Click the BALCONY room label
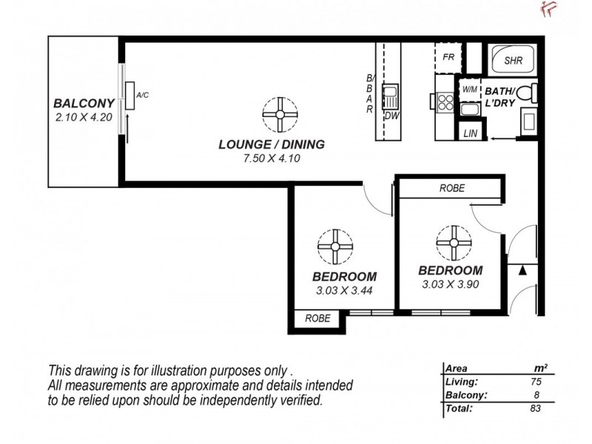pos(82,104)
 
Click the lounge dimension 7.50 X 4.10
pos(272,158)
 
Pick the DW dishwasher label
pos(390,115)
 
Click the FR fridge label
pos(448,57)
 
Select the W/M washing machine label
pos(469,90)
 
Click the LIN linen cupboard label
pos(470,133)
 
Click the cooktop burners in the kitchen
pos(444,102)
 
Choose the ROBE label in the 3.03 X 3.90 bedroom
pos(452,188)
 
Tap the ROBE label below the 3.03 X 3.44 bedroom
pos(317,319)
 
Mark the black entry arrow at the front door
pos(524,271)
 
